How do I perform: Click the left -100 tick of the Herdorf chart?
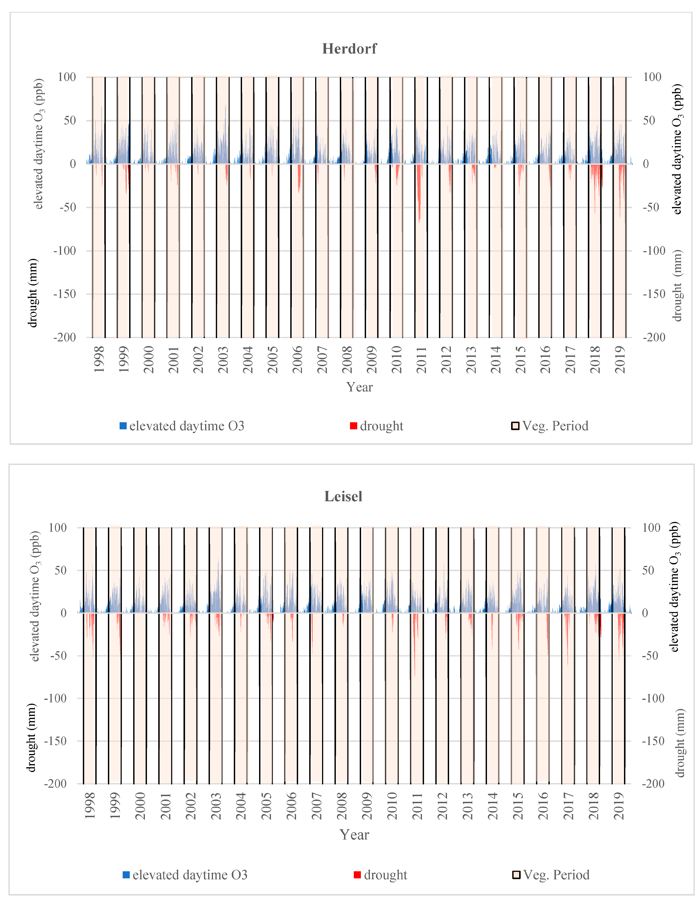(65, 251)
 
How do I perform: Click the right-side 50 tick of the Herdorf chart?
(649, 121)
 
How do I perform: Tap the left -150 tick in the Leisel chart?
(55, 741)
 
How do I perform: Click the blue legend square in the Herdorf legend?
(123, 426)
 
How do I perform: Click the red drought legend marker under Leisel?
(357, 875)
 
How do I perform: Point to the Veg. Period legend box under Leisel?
(516, 875)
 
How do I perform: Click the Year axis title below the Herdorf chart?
(359, 387)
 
